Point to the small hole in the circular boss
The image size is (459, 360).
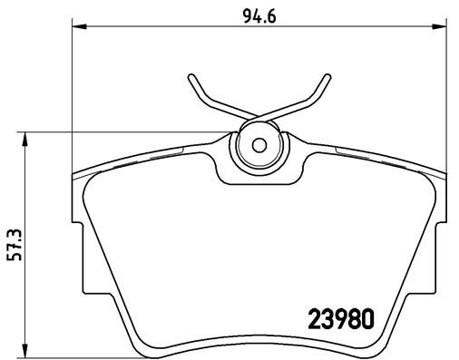point(258,144)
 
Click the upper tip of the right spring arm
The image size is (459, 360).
point(324,76)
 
